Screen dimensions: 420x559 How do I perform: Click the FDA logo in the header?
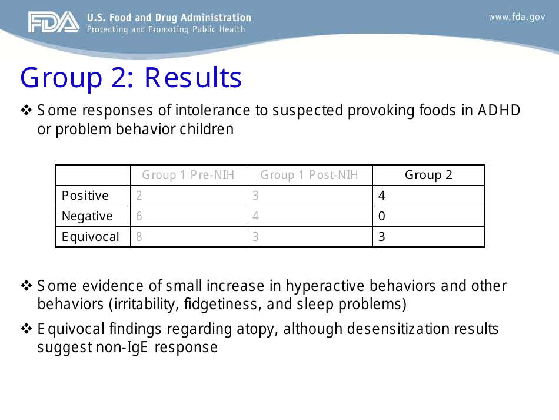[53, 23]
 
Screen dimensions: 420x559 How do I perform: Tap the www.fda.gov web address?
[516, 17]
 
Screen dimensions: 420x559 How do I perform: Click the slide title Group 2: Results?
[131, 78]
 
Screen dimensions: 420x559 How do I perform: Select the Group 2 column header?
[428, 175]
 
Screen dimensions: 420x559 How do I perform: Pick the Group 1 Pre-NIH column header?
[188, 175]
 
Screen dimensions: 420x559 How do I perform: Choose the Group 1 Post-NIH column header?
[309, 175]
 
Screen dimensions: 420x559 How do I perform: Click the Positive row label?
[85, 196]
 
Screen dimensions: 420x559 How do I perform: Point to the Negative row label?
[87, 216]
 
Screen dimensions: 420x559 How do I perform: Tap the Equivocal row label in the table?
[91, 237]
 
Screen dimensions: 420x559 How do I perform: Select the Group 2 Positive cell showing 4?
[381, 196]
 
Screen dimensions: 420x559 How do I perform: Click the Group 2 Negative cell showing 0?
[381, 216]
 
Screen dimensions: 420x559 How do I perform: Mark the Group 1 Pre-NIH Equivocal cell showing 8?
[139, 237]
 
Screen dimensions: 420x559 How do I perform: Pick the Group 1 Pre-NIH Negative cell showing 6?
[139, 216]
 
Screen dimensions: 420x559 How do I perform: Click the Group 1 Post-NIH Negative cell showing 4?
[255, 216]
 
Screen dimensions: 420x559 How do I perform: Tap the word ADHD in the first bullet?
[499, 110]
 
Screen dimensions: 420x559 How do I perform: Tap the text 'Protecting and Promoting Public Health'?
[166, 29]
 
